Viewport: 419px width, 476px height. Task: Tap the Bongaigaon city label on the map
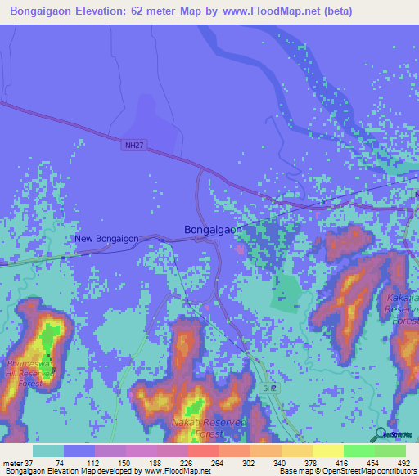click(x=213, y=230)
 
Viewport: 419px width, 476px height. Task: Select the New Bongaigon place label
click(x=106, y=239)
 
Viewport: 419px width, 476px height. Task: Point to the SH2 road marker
click(x=270, y=389)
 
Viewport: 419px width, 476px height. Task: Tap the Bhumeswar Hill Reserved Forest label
click(x=29, y=371)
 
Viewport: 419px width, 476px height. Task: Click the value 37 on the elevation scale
click(x=30, y=463)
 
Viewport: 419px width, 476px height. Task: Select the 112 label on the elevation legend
click(x=92, y=463)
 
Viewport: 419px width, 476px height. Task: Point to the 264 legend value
click(x=216, y=463)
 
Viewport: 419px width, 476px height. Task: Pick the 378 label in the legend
click(x=309, y=463)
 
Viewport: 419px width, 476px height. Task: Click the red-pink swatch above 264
click(x=204, y=451)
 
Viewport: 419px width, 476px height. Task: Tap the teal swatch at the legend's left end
click(x=48, y=451)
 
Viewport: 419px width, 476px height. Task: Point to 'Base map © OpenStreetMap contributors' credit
click(x=346, y=471)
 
